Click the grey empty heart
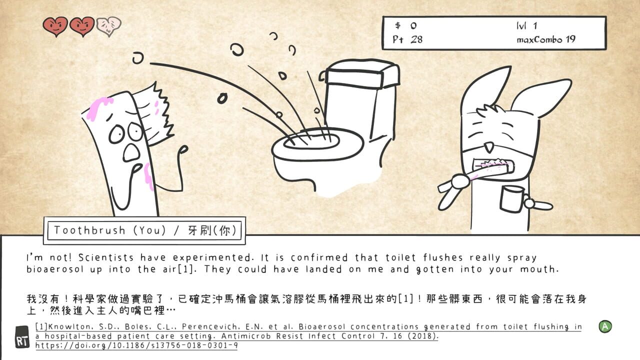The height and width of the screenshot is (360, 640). [108, 25]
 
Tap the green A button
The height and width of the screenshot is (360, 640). [605, 326]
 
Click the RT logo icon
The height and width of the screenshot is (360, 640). [22, 336]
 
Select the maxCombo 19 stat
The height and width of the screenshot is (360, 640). [546, 39]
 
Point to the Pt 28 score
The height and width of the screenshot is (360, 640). [407, 39]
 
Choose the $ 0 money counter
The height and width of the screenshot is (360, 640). [405, 25]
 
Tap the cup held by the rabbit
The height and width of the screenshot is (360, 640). [512, 198]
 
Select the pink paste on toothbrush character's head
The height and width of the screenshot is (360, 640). [99, 106]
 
